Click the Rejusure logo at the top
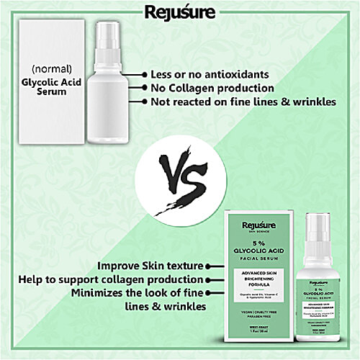(180, 12)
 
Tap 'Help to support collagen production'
(120, 279)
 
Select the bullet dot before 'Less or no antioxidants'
(144, 74)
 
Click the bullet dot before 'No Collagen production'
(144, 88)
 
